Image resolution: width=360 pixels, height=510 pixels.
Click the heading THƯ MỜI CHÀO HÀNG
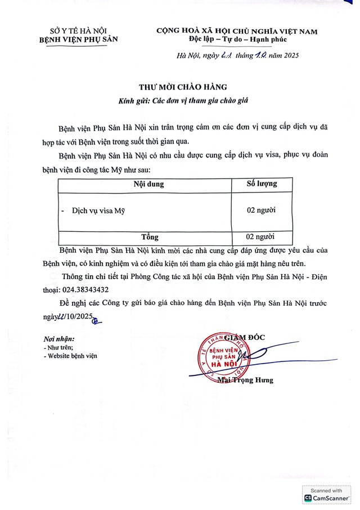pyautogui.click(x=183, y=87)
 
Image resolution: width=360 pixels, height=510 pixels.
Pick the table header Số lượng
pyautogui.click(x=262, y=184)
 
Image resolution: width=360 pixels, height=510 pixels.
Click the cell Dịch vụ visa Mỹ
pyautogui.click(x=98, y=211)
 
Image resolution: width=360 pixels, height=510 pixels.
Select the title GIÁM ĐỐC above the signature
pyautogui.click(x=245, y=337)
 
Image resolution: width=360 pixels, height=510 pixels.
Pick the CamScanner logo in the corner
pyautogui.click(x=327, y=498)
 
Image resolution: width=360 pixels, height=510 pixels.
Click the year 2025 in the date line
pyautogui.click(x=288, y=55)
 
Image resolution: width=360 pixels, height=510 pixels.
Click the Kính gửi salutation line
pyautogui.click(x=183, y=101)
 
